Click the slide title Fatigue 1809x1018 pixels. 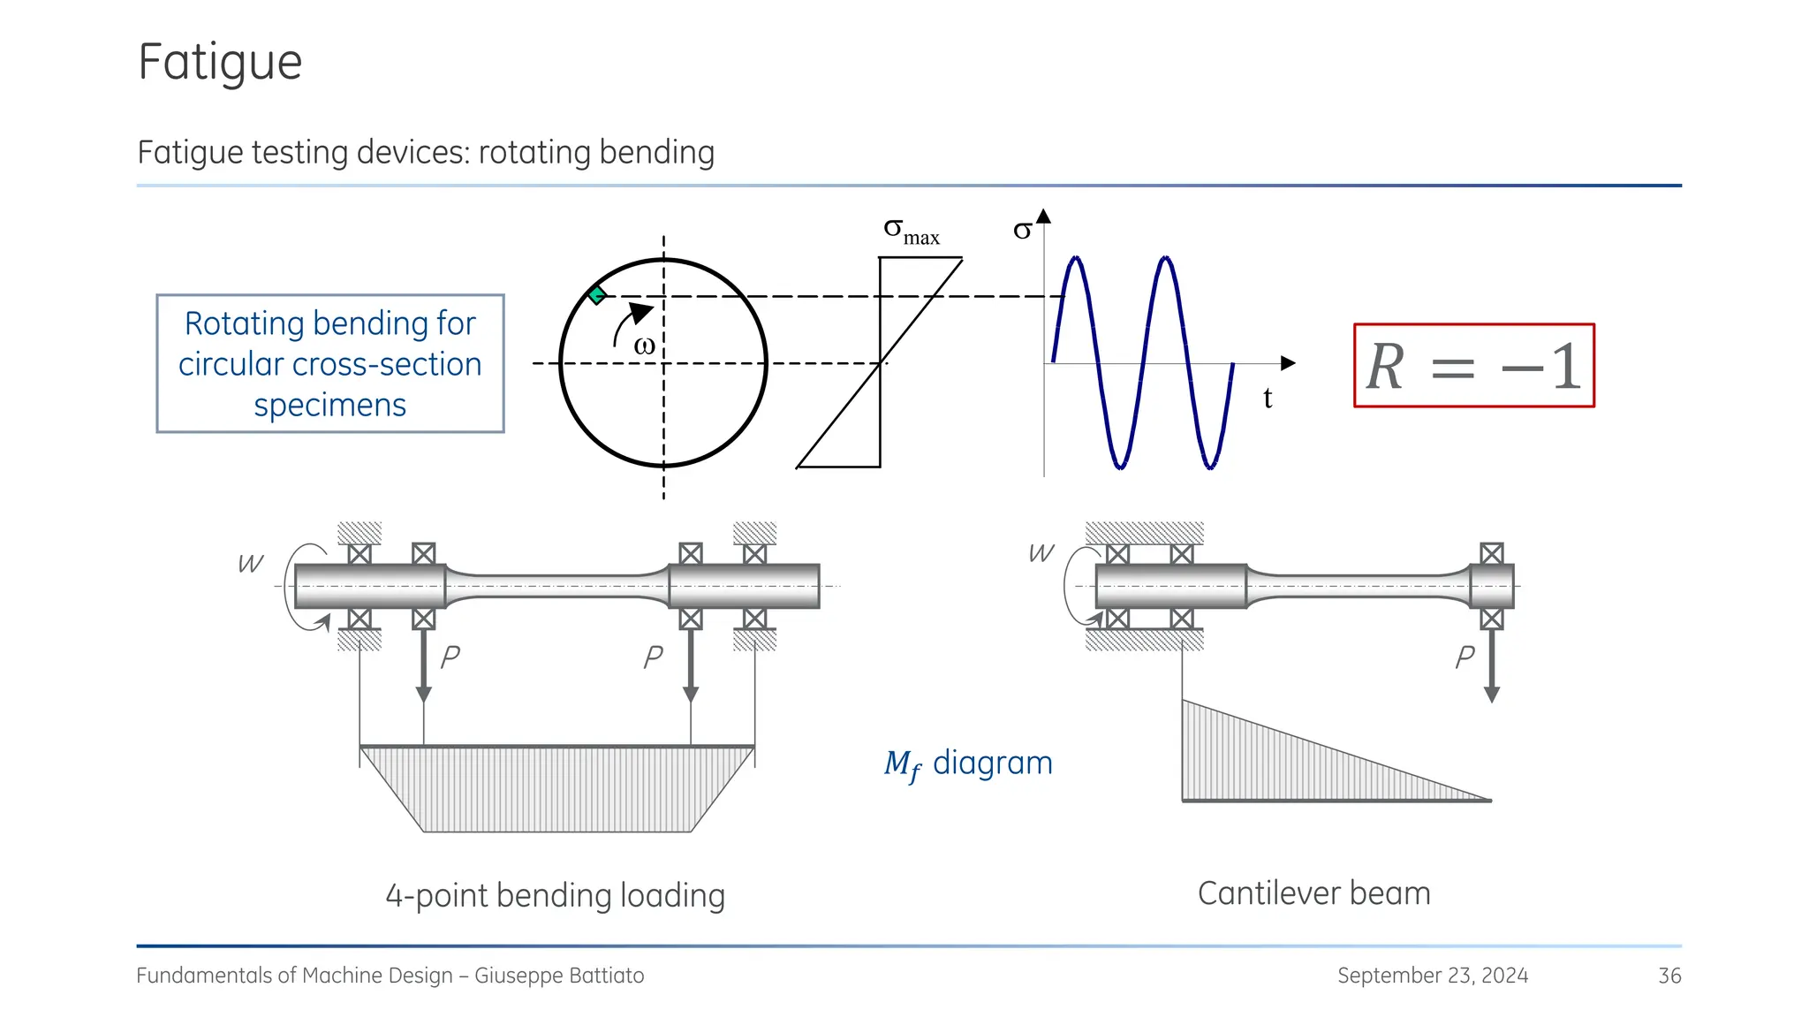point(220,63)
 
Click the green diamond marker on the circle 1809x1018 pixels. point(597,295)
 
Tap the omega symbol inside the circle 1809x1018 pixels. point(644,346)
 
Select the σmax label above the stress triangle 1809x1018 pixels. point(911,232)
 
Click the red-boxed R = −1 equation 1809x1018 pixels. point(1473,366)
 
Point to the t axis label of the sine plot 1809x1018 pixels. point(1268,399)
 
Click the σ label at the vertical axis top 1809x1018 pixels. point(1022,231)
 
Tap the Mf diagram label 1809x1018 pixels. point(968,763)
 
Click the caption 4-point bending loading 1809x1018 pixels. point(555,895)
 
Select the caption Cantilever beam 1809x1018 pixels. point(1313,893)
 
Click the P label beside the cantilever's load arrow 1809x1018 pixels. point(1465,657)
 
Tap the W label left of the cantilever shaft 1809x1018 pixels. point(1041,553)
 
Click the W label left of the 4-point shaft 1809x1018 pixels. point(251,564)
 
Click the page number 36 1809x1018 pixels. point(1669,976)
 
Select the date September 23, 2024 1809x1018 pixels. point(1432,976)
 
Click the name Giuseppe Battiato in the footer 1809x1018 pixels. point(559,976)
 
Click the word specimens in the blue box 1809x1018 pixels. point(329,405)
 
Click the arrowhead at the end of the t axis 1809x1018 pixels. point(1288,363)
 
